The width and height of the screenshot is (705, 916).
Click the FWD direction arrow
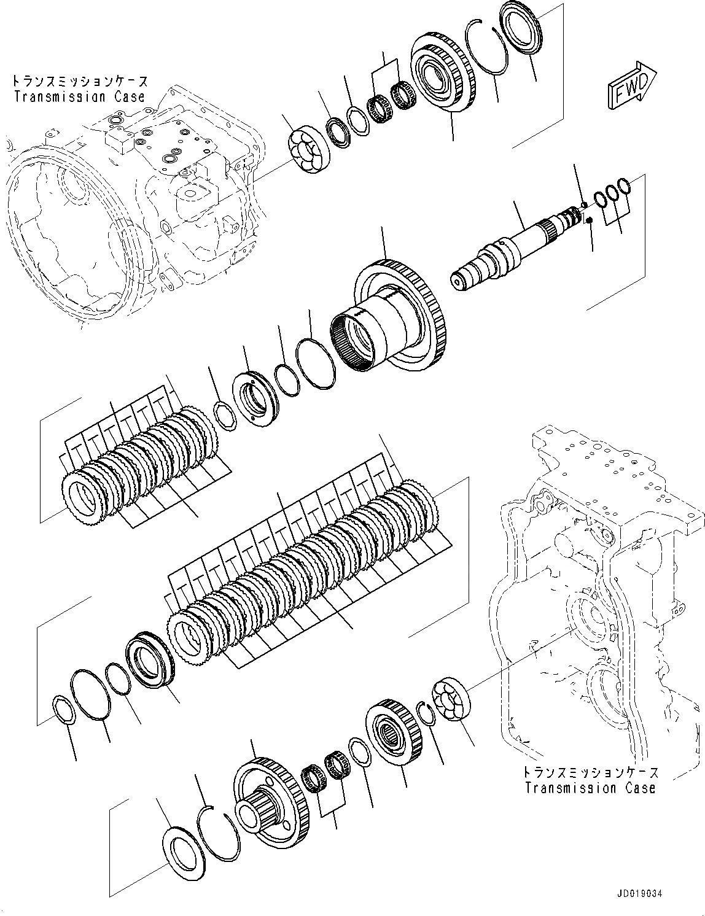tap(633, 85)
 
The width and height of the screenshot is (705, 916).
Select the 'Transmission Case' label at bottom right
tap(590, 788)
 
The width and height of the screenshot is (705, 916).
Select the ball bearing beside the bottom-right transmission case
tap(451, 701)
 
